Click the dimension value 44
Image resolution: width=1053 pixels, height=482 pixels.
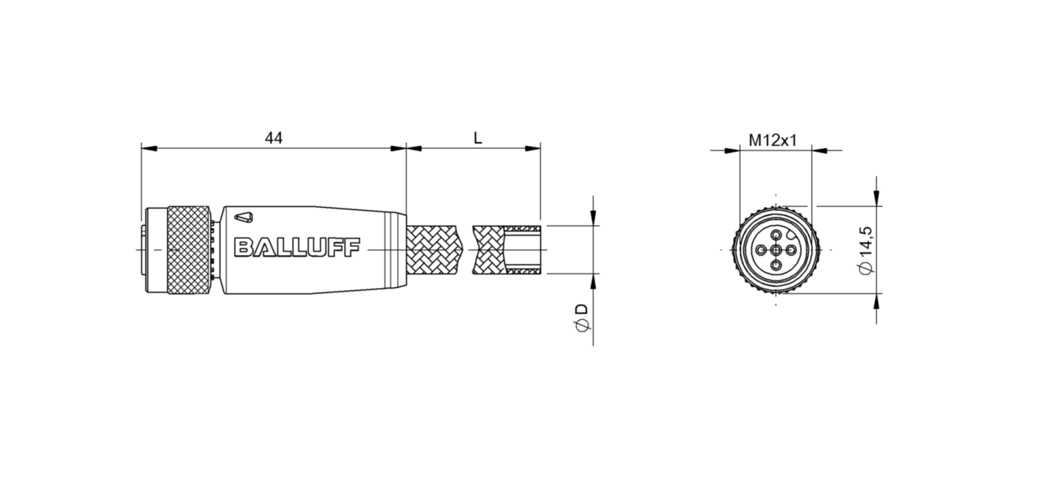[273, 138]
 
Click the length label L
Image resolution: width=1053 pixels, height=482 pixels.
[478, 138]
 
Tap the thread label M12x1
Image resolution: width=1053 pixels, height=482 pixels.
[772, 141]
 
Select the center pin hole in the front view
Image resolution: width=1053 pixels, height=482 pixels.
[776, 250]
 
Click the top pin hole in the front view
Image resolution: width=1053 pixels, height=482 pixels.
[776, 235]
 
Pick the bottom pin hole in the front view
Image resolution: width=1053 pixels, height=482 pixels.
[776, 265]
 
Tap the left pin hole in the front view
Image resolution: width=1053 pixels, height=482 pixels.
[761, 250]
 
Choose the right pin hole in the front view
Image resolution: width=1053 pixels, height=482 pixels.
[791, 250]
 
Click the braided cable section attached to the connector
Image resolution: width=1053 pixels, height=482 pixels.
[435, 250]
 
